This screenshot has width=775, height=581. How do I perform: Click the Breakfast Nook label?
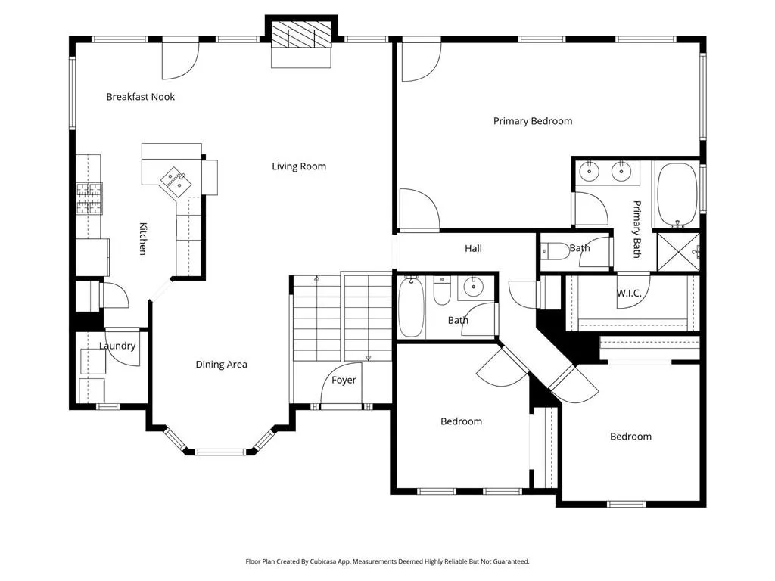pyautogui.click(x=140, y=97)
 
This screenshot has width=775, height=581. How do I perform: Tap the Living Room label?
pyautogui.click(x=299, y=166)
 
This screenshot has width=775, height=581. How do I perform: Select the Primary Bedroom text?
pyautogui.click(x=533, y=121)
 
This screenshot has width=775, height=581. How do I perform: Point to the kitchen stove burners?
pyautogui.click(x=89, y=199)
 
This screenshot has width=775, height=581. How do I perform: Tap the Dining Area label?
pyautogui.click(x=222, y=365)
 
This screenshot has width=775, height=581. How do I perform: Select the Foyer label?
pyautogui.click(x=344, y=380)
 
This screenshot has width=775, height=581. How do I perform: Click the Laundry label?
pyautogui.click(x=117, y=346)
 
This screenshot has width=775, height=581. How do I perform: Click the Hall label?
pyautogui.click(x=473, y=248)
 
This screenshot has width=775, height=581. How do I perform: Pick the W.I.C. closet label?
pyautogui.click(x=629, y=293)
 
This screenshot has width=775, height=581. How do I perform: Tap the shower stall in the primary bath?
pyautogui.click(x=678, y=252)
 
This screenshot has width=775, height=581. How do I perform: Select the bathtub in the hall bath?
pyautogui.click(x=411, y=306)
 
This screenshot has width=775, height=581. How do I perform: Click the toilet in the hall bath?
pyautogui.click(x=442, y=290)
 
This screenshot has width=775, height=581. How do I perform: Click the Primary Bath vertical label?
pyautogui.click(x=637, y=229)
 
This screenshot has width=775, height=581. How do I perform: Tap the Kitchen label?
pyautogui.click(x=143, y=238)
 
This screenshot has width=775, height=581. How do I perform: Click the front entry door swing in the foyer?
pyautogui.click(x=341, y=383)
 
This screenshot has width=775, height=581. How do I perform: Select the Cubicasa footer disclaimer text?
pyautogui.click(x=387, y=561)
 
